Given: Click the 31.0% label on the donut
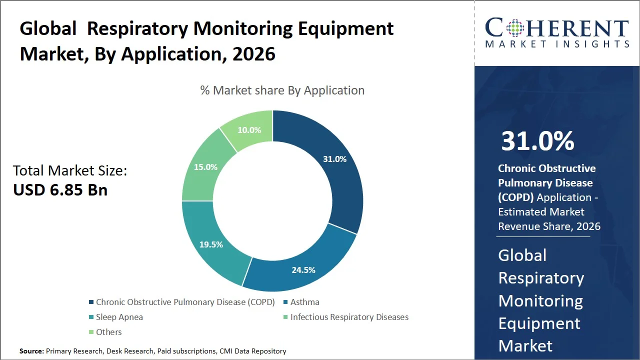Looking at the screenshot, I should pyautogui.click(x=334, y=159).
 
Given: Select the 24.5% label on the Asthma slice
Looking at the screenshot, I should pyautogui.click(x=303, y=270).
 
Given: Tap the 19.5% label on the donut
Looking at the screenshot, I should pyautogui.click(x=210, y=244).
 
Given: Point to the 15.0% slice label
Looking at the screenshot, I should pyautogui.click(x=205, y=167).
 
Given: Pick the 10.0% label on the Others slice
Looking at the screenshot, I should pyautogui.click(x=249, y=130).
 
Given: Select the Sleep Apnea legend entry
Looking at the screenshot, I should pyautogui.click(x=119, y=317).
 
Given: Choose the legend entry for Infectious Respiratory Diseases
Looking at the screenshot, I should pyautogui.click(x=349, y=317).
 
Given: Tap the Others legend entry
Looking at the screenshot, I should pyautogui.click(x=108, y=332).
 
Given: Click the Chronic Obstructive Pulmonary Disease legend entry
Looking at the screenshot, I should pyautogui.click(x=185, y=302).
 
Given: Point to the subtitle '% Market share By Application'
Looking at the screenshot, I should pyautogui.click(x=282, y=90).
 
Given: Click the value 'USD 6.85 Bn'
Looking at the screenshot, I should pyautogui.click(x=60, y=190).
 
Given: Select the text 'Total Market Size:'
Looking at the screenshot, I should pyautogui.click(x=70, y=171).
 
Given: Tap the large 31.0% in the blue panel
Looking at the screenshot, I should pyautogui.click(x=537, y=141).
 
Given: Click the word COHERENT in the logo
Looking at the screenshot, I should pyautogui.click(x=556, y=28).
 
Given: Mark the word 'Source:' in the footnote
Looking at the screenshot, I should pyautogui.click(x=31, y=351).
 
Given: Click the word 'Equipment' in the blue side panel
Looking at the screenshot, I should pyautogui.click(x=539, y=323).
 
